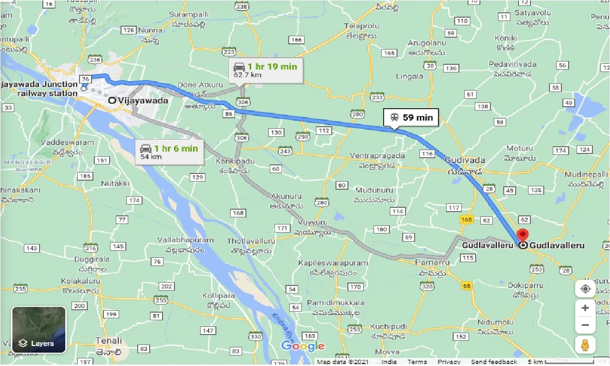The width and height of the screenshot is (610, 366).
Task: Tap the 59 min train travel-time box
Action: click(410, 117)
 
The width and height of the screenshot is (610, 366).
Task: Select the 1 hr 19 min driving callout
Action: click(265, 70)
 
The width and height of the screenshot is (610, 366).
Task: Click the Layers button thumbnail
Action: click(39, 330)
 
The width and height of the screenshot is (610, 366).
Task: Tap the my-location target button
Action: click(585, 289)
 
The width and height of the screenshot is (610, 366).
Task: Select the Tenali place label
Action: click(108, 341)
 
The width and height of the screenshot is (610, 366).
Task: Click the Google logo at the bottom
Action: click(303, 346)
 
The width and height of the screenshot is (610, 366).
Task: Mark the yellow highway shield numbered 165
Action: click(466, 220)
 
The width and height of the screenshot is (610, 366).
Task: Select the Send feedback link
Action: click(494, 362)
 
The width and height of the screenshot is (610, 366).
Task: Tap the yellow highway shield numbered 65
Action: click(467, 286)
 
